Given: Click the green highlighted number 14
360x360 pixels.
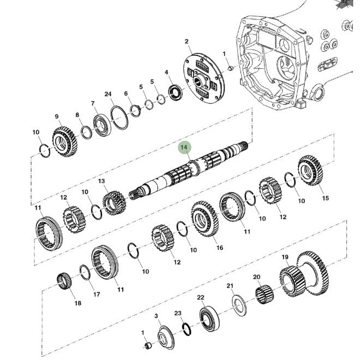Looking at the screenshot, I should [184, 147].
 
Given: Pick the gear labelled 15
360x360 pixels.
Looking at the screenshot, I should [310, 171].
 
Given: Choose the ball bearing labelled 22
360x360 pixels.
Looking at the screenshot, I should [208, 318].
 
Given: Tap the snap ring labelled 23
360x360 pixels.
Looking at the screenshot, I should [186, 328].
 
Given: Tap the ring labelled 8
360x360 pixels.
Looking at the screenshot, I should [86, 131].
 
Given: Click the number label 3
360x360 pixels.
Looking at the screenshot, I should [156, 316].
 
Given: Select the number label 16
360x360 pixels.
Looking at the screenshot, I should [220, 248].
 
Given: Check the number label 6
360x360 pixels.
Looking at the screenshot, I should [126, 94].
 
